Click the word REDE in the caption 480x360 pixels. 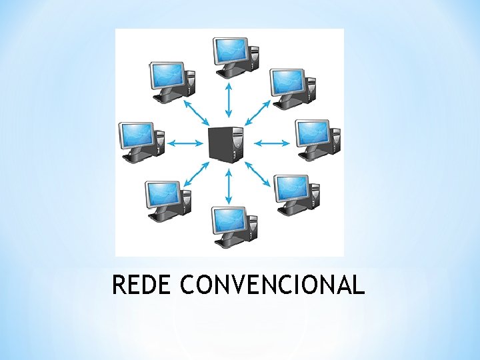tap(141, 285)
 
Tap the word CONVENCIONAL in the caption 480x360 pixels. tap(272, 285)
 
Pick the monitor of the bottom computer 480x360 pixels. tap(229, 219)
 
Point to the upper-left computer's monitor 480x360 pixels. tap(167, 75)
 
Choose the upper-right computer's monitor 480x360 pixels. tap(287, 81)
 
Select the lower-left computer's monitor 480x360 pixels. tap(163, 194)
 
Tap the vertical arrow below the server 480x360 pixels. tap(229, 185)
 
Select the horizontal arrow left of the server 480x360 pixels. tap(186, 143)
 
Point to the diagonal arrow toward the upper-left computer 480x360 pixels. tap(196, 112)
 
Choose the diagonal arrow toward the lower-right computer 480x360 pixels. tap(259, 174)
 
